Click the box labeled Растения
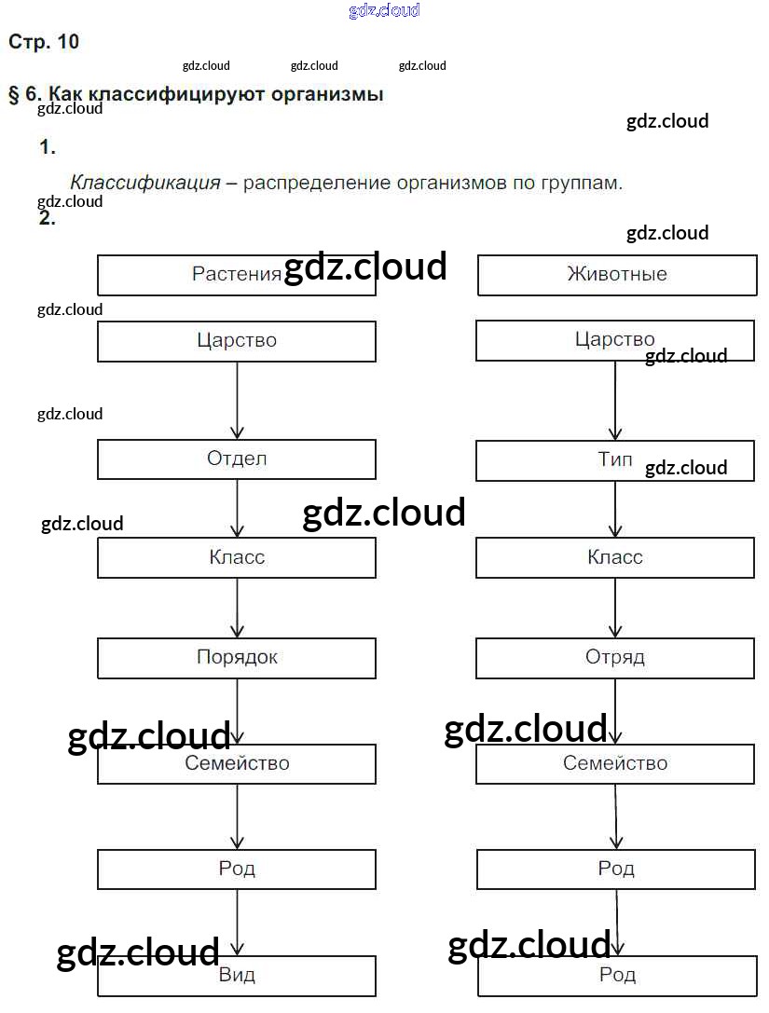click(237, 275)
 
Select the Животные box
click(616, 275)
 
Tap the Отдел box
click(237, 459)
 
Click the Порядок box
click(237, 658)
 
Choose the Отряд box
click(615, 658)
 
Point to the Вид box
click(237, 977)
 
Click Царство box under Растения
click(237, 341)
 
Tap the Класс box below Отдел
click(237, 558)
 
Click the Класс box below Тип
click(615, 558)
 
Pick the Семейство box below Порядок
click(237, 764)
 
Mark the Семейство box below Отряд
click(615, 764)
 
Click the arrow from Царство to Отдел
click(237, 401)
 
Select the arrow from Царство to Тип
click(615, 401)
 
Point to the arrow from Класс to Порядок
click(237, 608)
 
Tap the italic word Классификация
click(145, 183)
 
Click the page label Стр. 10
click(44, 42)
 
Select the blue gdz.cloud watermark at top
click(384, 10)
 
